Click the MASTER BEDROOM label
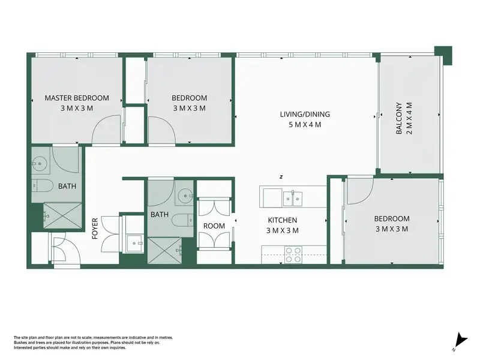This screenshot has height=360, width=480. tap(77, 98)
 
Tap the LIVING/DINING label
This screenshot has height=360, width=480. tap(305, 115)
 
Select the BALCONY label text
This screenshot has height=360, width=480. tap(399, 118)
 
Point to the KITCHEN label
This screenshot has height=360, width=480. tap(282, 220)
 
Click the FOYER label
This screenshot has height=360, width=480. tap(95, 229)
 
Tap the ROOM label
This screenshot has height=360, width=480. tap(214, 226)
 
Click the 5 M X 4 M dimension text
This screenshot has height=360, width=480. tap(305, 125)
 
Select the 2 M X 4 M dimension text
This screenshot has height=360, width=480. tap(409, 118)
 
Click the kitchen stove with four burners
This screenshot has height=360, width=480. tap(293, 254)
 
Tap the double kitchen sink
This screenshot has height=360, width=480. tap(293, 199)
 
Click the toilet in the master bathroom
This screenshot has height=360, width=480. tap(42, 186)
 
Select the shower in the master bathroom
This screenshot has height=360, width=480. tap(62, 215)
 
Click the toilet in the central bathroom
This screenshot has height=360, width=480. tap(182, 220)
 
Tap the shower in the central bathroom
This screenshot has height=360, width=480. tap(164, 250)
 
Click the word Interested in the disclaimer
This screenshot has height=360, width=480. tap(22, 348)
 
